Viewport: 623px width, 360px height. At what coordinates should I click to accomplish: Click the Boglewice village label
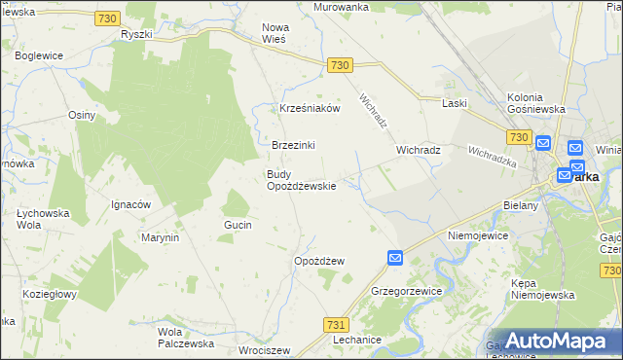[40, 55]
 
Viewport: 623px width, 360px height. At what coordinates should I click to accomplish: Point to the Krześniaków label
[310, 109]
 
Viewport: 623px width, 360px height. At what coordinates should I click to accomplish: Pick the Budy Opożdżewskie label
[302, 180]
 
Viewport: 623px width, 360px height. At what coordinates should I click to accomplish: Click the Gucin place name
[238, 225]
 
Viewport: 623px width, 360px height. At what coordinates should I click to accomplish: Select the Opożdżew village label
[319, 262]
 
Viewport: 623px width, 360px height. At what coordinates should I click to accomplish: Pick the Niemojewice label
[479, 235]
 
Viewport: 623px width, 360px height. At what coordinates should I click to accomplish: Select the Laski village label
[455, 103]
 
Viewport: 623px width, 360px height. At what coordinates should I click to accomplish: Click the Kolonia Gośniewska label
[537, 103]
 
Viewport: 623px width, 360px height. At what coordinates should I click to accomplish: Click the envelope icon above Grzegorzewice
[395, 258]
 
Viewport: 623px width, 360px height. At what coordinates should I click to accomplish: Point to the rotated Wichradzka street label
[492, 157]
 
